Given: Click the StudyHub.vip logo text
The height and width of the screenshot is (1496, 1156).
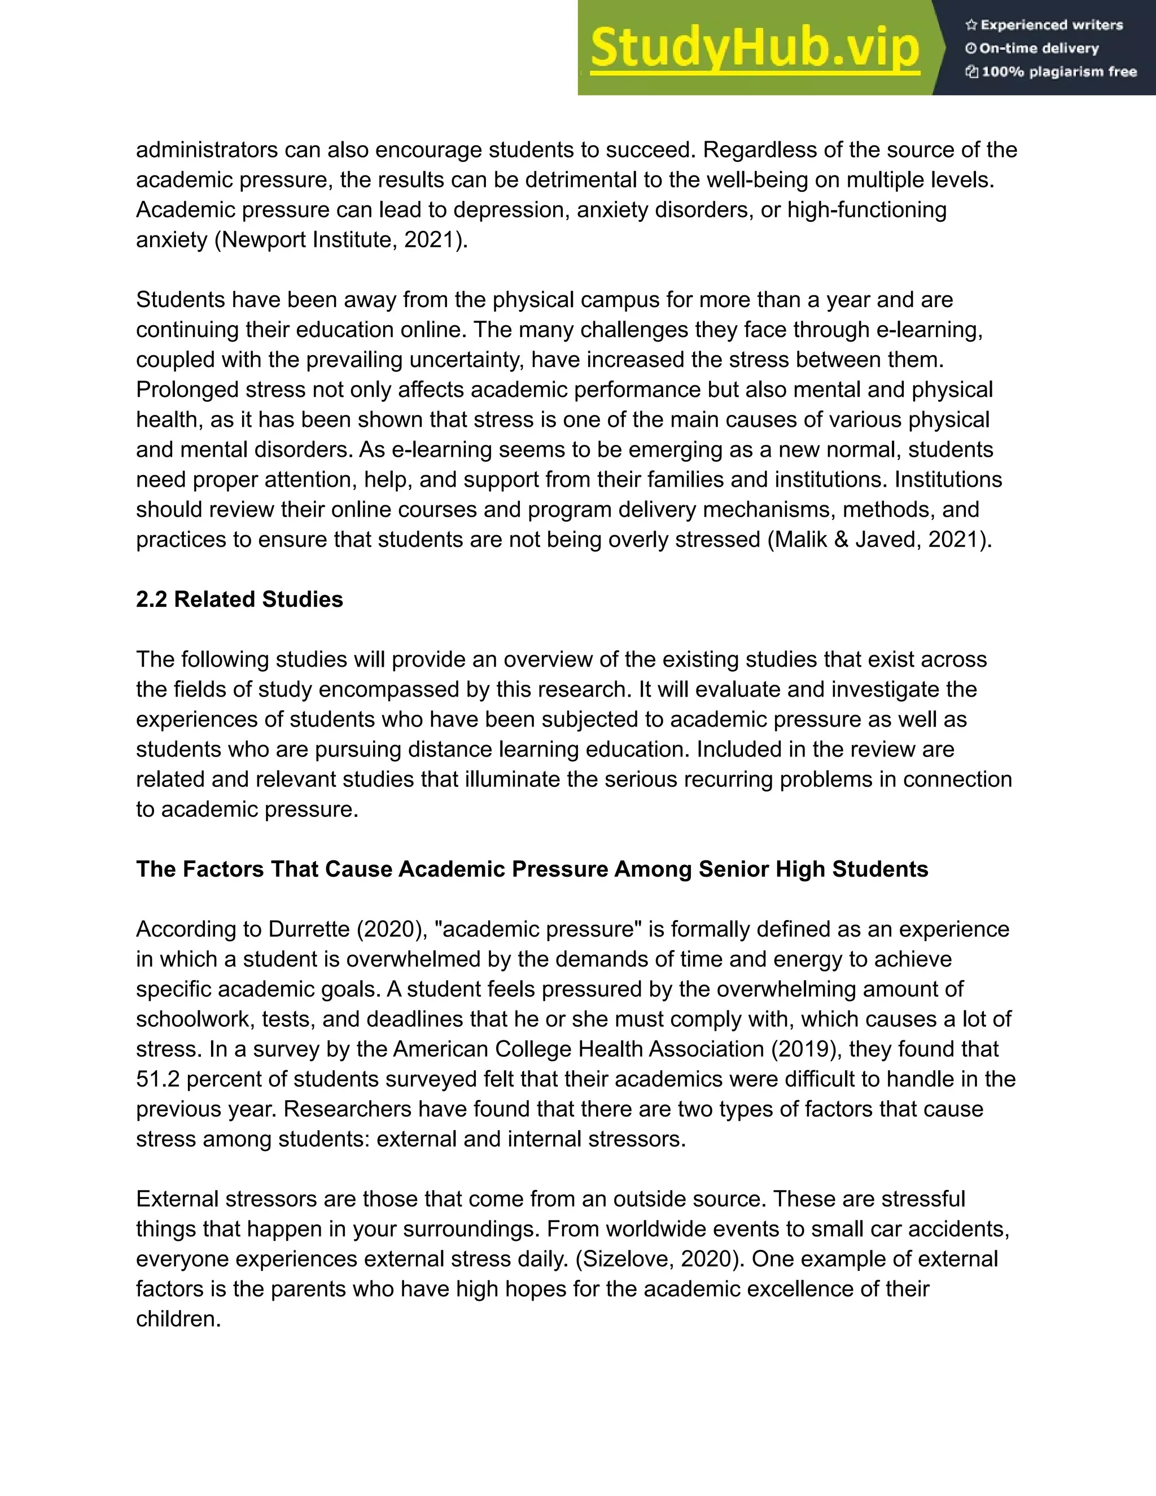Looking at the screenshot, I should [754, 48].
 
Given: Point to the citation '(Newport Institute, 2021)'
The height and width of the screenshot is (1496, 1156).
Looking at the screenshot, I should [340, 240].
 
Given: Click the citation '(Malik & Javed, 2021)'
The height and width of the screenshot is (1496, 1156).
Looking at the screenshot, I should [879, 540].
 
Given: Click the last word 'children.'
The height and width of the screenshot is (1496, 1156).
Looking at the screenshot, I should [178, 1319].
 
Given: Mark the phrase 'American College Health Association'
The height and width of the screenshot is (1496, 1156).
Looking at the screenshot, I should [578, 1049].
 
